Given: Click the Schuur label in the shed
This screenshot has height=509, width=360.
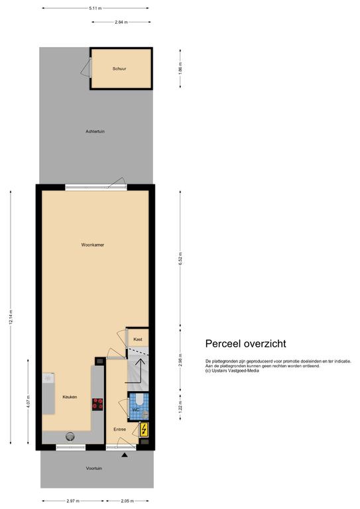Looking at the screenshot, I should [119, 68].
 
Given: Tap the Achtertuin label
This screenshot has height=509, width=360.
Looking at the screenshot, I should [95, 131].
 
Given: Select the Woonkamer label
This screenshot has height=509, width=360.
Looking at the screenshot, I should [93, 245].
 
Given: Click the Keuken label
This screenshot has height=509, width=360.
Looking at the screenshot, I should [70, 397].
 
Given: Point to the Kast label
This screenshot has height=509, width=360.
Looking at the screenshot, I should [137, 339].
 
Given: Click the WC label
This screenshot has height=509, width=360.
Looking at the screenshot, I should [135, 410].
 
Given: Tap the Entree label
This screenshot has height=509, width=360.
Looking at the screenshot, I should [119, 429].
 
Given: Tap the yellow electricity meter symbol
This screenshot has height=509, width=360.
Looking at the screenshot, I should [144, 429].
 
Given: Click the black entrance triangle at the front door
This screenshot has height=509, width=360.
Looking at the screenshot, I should [125, 455].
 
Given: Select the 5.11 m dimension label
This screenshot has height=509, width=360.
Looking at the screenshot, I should [95, 9].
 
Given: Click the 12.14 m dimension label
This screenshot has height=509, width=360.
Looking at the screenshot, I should [11, 319].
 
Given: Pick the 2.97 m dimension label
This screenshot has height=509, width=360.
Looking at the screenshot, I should [73, 502].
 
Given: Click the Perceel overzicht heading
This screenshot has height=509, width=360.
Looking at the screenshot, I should [245, 343].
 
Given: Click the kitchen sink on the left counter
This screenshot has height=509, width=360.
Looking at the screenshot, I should [48, 379].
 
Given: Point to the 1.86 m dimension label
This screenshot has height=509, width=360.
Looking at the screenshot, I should [180, 68].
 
